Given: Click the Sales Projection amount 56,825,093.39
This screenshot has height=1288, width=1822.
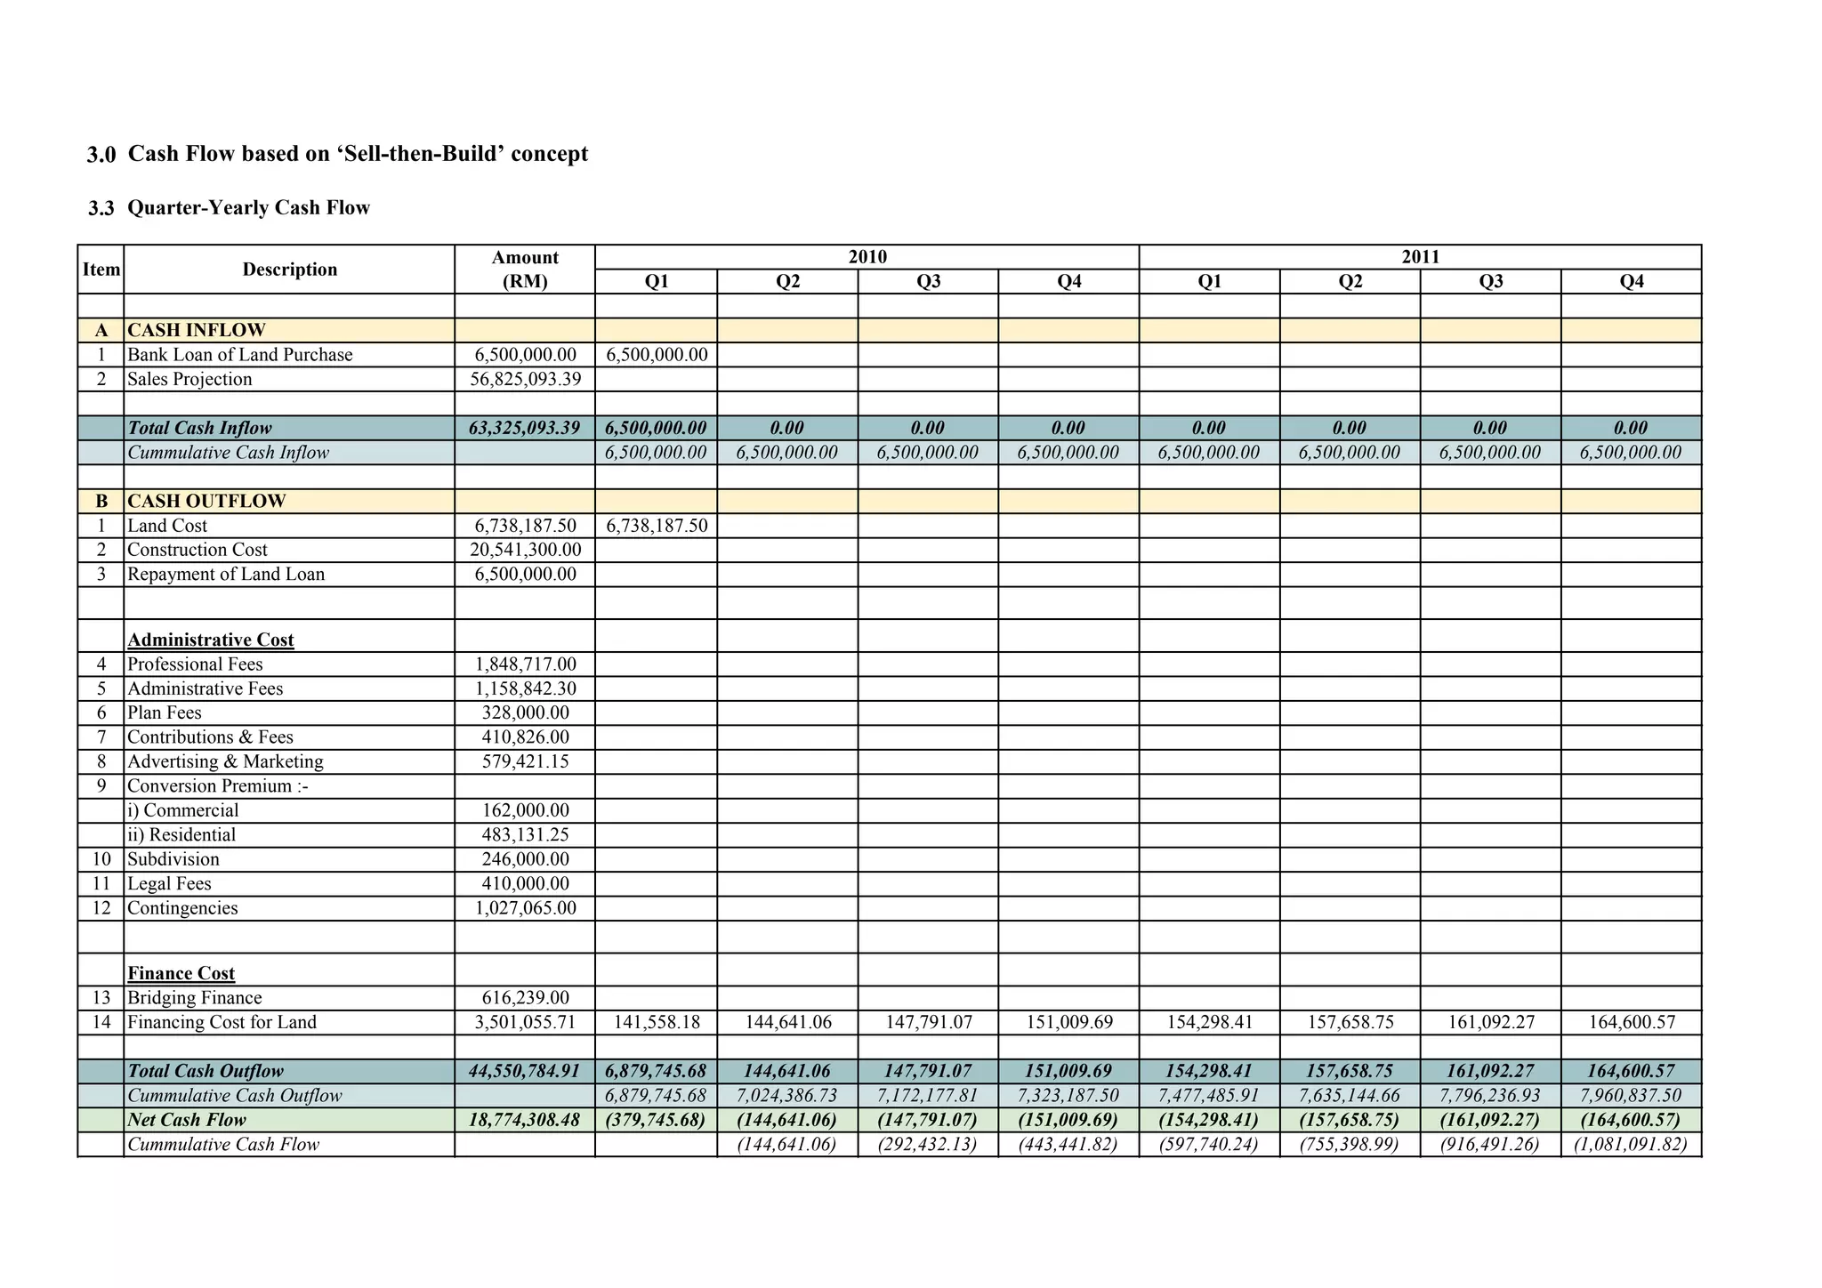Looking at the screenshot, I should pyautogui.click(x=525, y=380).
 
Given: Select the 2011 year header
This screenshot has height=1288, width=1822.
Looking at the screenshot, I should pyautogui.click(x=1420, y=257).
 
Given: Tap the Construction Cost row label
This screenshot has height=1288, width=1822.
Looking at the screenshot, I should pyautogui.click(x=197, y=551).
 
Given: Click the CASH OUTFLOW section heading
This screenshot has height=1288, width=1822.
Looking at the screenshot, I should pyautogui.click(x=206, y=502).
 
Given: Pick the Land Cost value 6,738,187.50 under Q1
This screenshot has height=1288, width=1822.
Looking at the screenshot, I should pyautogui.click(x=657, y=527).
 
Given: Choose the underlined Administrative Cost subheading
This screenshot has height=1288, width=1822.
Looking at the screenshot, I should pyautogui.click(x=210, y=640).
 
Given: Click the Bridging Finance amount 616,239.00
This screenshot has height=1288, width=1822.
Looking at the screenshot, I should pyautogui.click(x=525, y=998).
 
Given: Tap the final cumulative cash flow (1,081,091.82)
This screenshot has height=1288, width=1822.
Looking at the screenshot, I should pyautogui.click(x=1631, y=1145).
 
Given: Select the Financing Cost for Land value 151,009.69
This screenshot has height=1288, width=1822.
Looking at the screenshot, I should pyautogui.click(x=1068, y=1023).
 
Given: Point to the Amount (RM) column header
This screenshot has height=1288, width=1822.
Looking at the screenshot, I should pyautogui.click(x=525, y=270).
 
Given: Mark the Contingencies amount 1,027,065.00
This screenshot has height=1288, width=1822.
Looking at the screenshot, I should pyautogui.click(x=525, y=908).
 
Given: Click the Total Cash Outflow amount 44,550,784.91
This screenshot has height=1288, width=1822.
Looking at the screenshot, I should pyautogui.click(x=525, y=1072).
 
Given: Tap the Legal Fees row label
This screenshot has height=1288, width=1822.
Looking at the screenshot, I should pyautogui.click(x=169, y=884).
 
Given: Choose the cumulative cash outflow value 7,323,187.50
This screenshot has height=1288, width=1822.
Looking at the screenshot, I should pyautogui.click(x=1068, y=1096).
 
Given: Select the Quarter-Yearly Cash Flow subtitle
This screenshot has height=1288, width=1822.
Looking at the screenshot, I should pyautogui.click(x=248, y=208).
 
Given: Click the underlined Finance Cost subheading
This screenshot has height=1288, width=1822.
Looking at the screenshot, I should pyautogui.click(x=181, y=974).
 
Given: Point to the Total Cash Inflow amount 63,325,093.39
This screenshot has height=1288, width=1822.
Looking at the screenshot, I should pyautogui.click(x=525, y=429).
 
